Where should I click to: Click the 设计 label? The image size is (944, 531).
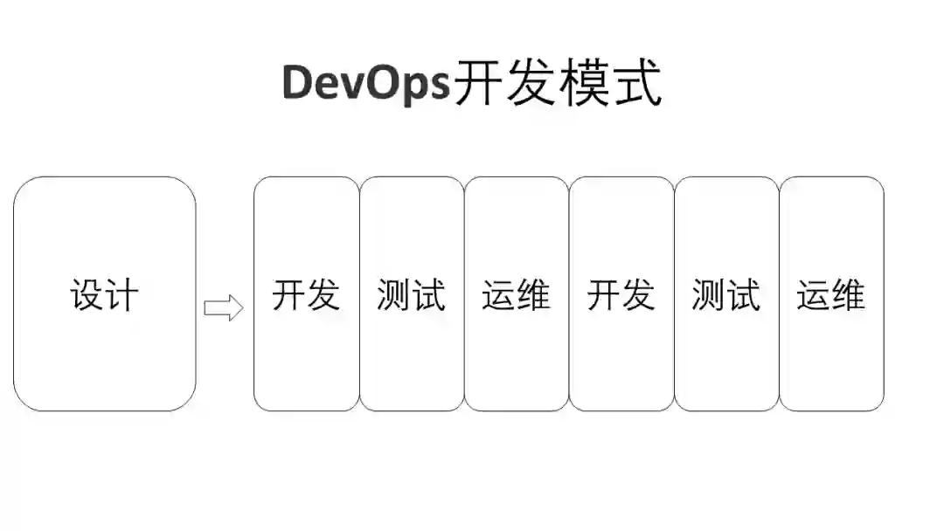click(x=105, y=295)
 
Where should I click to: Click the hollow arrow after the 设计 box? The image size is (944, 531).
click(x=223, y=308)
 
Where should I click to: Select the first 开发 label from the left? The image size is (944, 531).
click(x=306, y=295)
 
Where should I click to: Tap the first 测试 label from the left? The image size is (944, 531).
click(x=411, y=295)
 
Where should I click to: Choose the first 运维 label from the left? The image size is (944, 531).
click(x=516, y=295)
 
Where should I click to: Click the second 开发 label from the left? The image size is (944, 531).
click(x=621, y=295)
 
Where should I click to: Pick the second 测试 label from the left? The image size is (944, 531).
click(x=725, y=295)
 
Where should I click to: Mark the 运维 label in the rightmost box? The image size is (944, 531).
click(x=830, y=295)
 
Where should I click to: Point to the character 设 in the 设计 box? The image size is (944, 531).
click(x=87, y=295)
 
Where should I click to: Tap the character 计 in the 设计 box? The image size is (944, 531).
click(x=122, y=295)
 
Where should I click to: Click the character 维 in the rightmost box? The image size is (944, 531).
click(x=848, y=295)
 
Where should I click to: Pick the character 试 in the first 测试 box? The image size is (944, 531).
click(x=428, y=295)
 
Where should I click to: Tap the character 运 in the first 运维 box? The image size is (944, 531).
click(x=498, y=295)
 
